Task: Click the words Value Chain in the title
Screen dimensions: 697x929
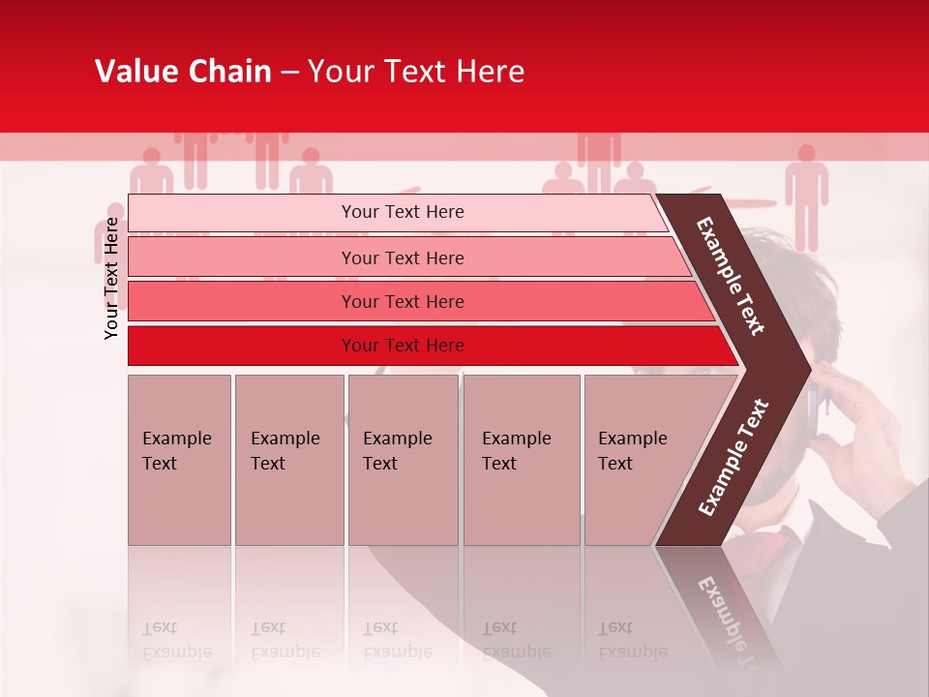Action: (183, 72)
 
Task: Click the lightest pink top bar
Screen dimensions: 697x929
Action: (402, 212)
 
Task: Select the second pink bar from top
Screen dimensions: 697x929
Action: (402, 258)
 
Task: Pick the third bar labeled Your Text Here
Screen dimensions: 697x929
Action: (402, 301)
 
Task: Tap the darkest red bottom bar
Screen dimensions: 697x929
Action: (402, 346)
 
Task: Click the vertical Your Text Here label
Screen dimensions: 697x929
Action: (111, 278)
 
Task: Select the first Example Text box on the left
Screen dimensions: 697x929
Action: (179, 460)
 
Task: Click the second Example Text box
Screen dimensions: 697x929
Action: (288, 460)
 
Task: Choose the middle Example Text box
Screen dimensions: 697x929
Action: (403, 460)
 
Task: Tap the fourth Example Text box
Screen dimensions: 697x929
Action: (521, 460)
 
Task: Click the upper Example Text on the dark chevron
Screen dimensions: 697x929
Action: (732, 276)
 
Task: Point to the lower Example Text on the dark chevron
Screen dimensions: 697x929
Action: (733, 458)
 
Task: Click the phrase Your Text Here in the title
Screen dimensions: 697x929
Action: (416, 72)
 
